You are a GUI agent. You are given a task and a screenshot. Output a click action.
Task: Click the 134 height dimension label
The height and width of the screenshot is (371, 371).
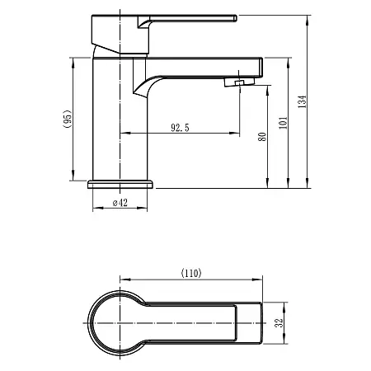pos(302,101)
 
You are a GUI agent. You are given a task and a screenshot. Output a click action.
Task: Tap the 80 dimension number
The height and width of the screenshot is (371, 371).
pos(263,136)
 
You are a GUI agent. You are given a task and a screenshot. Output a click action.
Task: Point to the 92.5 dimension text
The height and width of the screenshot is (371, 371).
pos(182,128)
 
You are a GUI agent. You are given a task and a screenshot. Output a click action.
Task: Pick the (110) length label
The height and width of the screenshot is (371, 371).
pos(190,273)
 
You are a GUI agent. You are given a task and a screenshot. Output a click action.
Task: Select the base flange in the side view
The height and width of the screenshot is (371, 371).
pos(121,183)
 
